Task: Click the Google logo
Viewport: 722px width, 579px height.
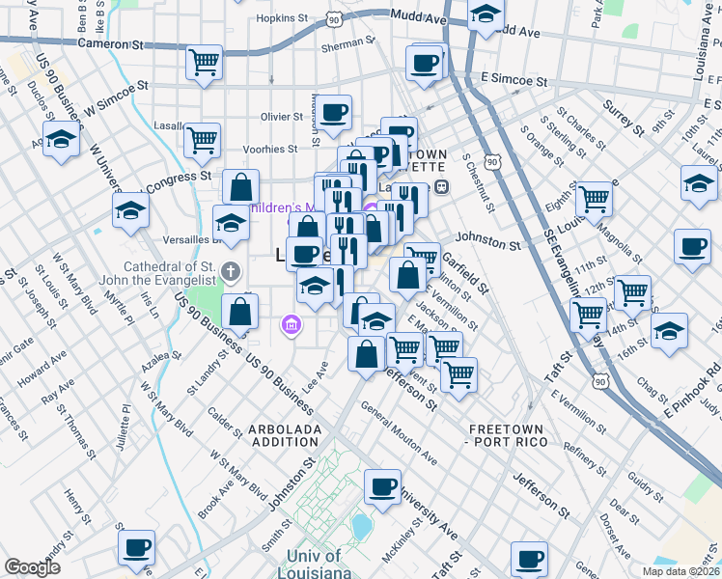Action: pyautogui.click(x=33, y=567)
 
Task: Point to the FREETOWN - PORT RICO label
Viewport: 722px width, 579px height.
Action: pyautogui.click(x=508, y=434)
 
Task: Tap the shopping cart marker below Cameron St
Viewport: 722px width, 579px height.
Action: pyautogui.click(x=205, y=64)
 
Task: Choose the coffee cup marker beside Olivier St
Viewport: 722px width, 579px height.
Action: pyautogui.click(x=334, y=113)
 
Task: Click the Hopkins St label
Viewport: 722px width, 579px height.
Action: pyautogui.click(x=282, y=17)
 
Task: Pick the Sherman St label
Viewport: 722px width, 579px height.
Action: pyautogui.click(x=347, y=43)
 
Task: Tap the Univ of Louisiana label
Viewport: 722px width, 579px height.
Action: pyautogui.click(x=314, y=564)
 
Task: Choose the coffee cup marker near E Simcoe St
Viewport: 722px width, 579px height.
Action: pyautogui.click(x=423, y=64)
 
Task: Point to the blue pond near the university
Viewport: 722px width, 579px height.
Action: pyautogui.click(x=362, y=526)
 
